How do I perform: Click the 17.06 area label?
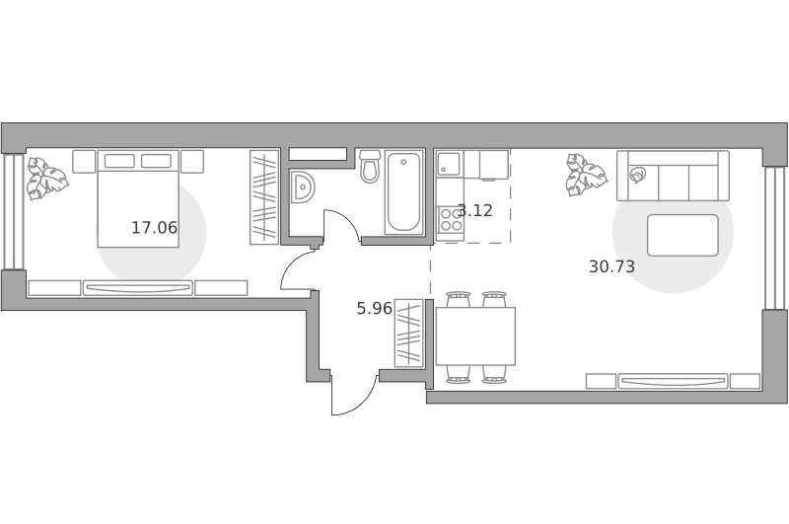coord(154,228)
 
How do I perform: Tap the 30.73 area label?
coord(611,266)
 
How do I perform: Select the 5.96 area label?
coord(374,308)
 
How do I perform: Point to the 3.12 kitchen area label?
coord(475,210)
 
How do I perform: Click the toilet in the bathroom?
coord(370,166)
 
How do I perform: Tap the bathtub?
coord(403,191)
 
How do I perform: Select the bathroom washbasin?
coord(303,187)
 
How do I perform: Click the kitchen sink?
coord(449,163)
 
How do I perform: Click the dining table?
coord(475,337)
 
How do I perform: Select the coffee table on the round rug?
coord(682,235)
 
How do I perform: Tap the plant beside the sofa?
coord(586,175)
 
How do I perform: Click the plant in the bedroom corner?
coord(46,179)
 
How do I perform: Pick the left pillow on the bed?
coord(119,161)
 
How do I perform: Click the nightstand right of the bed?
coord(192,162)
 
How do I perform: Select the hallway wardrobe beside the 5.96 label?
coord(408,334)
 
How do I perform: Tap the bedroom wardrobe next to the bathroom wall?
coord(264,197)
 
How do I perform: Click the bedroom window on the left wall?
coord(14,211)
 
